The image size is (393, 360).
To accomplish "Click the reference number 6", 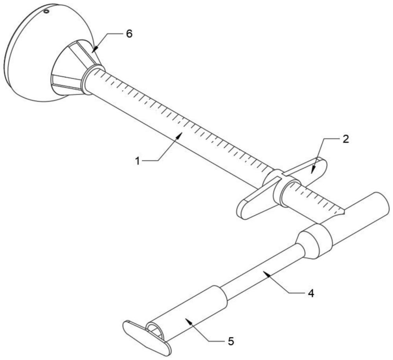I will click(x=129, y=34).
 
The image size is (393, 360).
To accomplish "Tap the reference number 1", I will click(x=138, y=161).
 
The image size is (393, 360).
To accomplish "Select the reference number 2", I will click(x=345, y=140).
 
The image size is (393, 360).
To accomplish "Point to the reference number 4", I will click(x=310, y=293).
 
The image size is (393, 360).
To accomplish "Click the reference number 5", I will click(x=231, y=342).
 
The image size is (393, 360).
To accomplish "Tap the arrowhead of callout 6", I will click(x=93, y=51).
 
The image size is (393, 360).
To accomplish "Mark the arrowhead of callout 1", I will click(x=182, y=133).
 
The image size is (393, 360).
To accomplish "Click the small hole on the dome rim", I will click(x=46, y=12).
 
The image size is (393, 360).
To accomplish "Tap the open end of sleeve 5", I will click(x=155, y=330).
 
